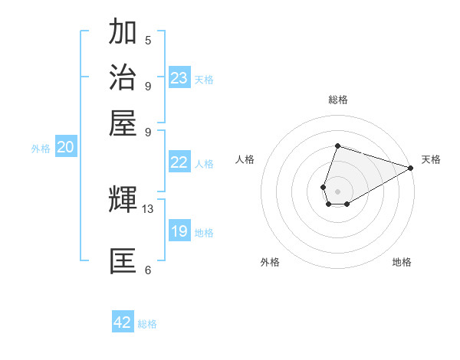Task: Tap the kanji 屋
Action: pyautogui.click(x=123, y=123)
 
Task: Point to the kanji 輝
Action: pyautogui.click(x=123, y=199)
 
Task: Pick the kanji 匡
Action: pyautogui.click(x=123, y=260)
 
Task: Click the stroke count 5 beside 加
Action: pyautogui.click(x=148, y=40)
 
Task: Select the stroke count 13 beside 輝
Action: pyautogui.click(x=148, y=208)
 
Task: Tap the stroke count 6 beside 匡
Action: pyautogui.click(x=148, y=270)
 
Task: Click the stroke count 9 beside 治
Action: pyautogui.click(x=148, y=86)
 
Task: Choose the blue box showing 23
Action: pyautogui.click(x=179, y=78)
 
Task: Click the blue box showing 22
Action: pyautogui.click(x=179, y=162)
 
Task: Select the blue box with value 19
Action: pyautogui.click(x=179, y=231)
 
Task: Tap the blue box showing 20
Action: pyautogui.click(x=65, y=148)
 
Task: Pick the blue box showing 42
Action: pyautogui.click(x=123, y=322)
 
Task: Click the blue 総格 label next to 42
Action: pyautogui.click(x=147, y=324)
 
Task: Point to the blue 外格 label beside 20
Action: pyautogui.click(x=41, y=149)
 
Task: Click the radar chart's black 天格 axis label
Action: pyautogui.click(x=431, y=159)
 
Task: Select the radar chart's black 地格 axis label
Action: pyautogui.click(x=402, y=262)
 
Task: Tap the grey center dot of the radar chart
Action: pyautogui.click(x=337, y=190)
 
